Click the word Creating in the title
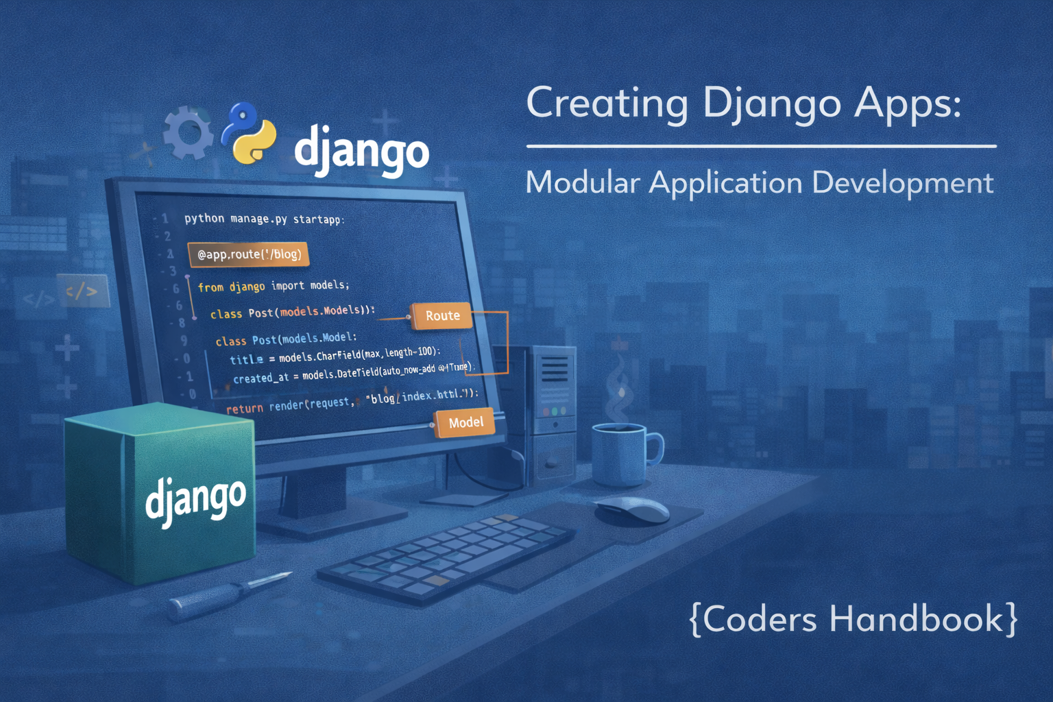point(607,104)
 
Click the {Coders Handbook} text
point(854,619)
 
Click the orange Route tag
point(442,316)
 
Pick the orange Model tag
point(465,423)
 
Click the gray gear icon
point(189,133)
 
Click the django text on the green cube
point(195,498)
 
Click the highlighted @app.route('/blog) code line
point(249,254)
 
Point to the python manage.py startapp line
point(264,219)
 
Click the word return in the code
point(245,409)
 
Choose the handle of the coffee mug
point(655,449)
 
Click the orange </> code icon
point(82,291)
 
